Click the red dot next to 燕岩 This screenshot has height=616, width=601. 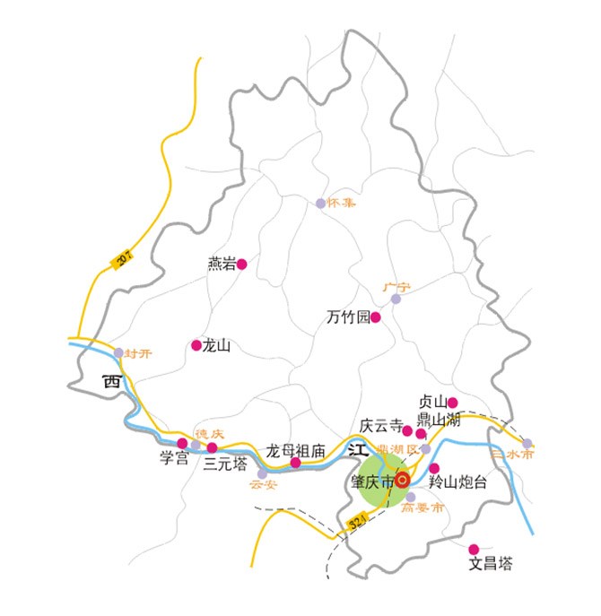241,264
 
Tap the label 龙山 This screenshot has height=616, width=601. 217,345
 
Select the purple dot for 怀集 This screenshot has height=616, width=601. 320,204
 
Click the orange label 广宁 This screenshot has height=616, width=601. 396,287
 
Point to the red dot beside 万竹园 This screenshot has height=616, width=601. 376,317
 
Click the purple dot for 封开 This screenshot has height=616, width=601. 118,352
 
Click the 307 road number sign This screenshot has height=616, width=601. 124,258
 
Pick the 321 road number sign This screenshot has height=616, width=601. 357,521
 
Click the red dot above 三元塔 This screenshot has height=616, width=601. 213,447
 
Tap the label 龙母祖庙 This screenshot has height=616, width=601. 295,451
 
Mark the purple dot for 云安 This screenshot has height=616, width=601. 262,473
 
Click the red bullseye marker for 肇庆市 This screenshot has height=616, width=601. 402,480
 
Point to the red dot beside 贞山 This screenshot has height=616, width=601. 453,403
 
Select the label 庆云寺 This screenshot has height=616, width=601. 380,426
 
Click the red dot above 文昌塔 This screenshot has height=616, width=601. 474,549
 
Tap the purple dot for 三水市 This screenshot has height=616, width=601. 527,443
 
